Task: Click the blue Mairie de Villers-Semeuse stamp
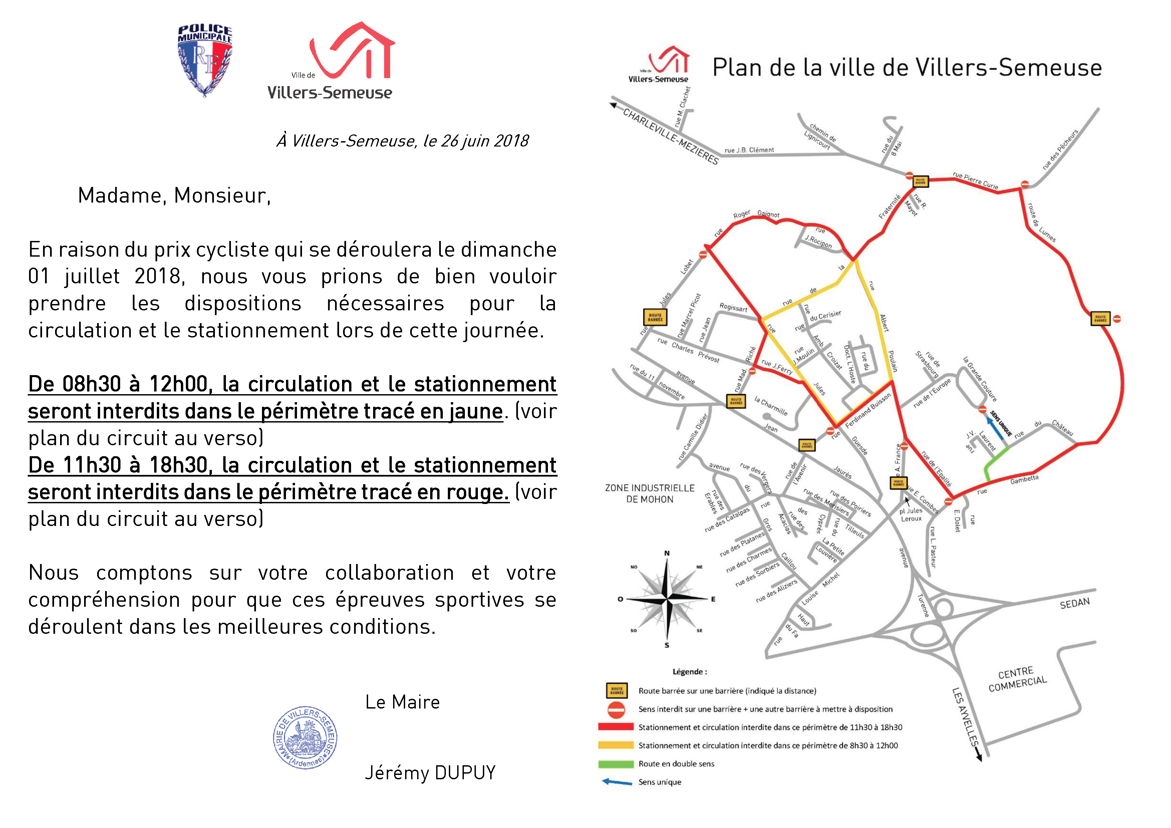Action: point(305,737)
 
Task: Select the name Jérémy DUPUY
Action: point(430,773)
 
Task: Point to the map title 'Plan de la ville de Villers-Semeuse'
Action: point(907,68)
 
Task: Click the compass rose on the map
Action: point(667,598)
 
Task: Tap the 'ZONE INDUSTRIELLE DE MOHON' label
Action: point(650,493)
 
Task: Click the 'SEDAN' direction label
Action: point(1075,603)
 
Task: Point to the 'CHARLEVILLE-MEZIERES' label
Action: point(671,137)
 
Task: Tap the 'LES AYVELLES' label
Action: point(965,717)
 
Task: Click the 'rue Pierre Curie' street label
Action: point(975,181)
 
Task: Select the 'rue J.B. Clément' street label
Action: point(749,150)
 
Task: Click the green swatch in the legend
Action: point(616,764)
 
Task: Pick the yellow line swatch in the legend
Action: point(616,745)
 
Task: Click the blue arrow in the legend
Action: point(617,782)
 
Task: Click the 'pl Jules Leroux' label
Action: point(911,514)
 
